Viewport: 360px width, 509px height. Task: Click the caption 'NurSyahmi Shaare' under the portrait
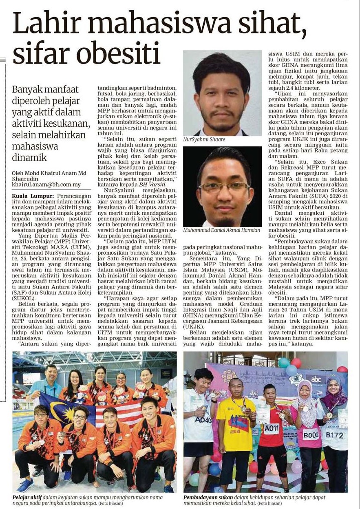(x=204, y=139)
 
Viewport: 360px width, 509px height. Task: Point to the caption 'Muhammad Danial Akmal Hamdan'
(x=222, y=230)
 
